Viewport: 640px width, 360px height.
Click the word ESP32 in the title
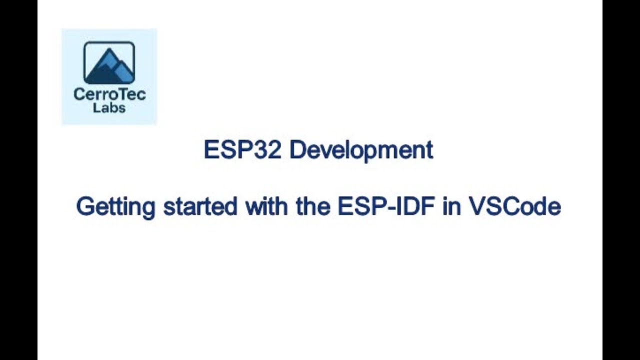tap(242, 150)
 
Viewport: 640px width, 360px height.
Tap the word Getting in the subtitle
tap(115, 206)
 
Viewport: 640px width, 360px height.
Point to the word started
tap(200, 206)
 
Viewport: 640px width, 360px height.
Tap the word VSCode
tap(514, 206)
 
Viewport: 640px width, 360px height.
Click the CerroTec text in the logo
tap(109, 94)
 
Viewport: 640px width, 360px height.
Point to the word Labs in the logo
tap(109, 107)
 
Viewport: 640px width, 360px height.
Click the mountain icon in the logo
tap(109, 63)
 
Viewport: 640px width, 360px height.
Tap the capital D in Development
tap(296, 150)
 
